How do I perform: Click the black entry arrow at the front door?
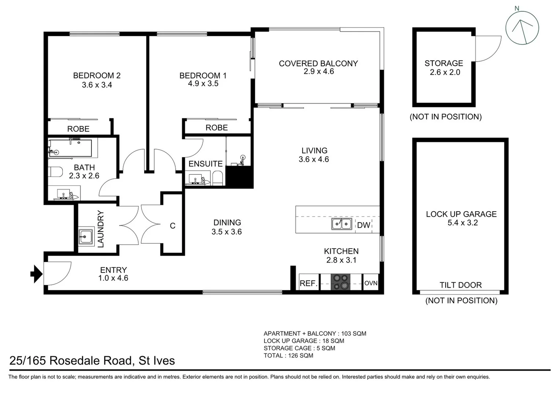(x=36, y=274)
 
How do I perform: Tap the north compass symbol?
(x=522, y=28)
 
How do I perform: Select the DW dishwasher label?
(x=363, y=225)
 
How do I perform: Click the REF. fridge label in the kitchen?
(x=308, y=283)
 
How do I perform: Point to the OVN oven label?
(x=371, y=283)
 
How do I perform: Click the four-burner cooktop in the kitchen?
(x=341, y=282)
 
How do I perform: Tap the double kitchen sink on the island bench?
(x=341, y=224)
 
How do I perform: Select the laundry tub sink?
(x=86, y=236)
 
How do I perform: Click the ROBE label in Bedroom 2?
(x=78, y=129)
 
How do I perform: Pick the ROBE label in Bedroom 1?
(x=216, y=128)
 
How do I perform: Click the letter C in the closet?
(x=173, y=226)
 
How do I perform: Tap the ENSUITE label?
(x=205, y=164)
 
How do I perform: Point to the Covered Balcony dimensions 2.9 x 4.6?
(x=318, y=71)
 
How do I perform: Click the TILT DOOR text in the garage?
(x=461, y=285)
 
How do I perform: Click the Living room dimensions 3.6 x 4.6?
(x=314, y=159)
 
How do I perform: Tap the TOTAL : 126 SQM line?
(x=288, y=355)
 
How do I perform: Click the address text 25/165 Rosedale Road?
(x=92, y=360)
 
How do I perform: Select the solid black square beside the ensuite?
(x=239, y=177)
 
